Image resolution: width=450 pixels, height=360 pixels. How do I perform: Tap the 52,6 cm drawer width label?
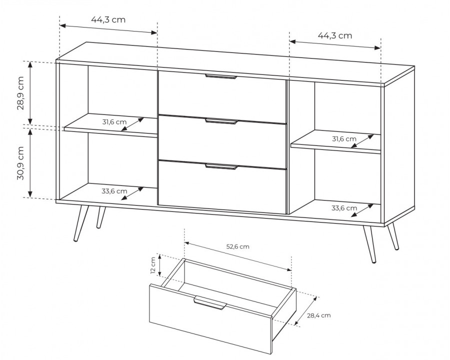click(238, 246)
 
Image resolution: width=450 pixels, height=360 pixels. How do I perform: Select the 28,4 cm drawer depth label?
click(319, 315)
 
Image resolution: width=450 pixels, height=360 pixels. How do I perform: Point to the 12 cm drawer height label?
click(153, 266)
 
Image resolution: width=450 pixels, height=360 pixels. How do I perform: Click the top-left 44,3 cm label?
click(108, 19)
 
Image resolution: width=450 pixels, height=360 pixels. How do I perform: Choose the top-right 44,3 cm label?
click(335, 35)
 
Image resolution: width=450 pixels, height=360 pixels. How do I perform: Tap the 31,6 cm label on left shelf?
click(114, 121)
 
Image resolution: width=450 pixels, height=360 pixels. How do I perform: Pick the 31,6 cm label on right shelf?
click(344, 139)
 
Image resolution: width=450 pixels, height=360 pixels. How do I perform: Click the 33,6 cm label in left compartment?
click(114, 191)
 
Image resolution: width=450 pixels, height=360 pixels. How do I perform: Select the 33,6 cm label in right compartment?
click(344, 208)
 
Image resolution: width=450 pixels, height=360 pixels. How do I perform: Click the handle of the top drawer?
click(221, 76)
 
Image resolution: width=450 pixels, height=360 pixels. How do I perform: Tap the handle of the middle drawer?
click(222, 121)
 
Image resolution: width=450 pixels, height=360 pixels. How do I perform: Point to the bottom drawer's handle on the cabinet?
click(221, 166)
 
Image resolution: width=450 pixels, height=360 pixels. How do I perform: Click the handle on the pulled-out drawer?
click(210, 302)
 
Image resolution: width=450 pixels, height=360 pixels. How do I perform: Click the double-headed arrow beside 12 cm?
click(160, 266)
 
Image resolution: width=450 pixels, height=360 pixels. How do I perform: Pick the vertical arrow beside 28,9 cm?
click(30, 93)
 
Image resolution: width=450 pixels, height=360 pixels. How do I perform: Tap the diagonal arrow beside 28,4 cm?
click(306, 311)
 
